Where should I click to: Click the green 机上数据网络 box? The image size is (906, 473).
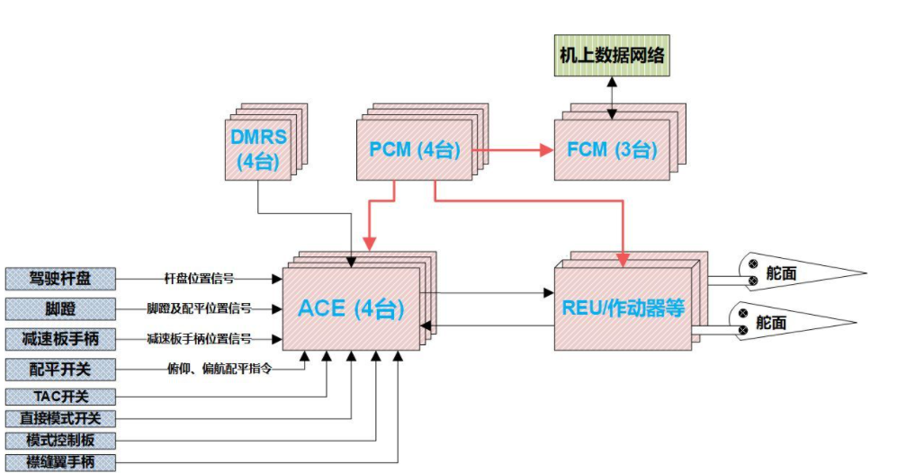(x=613, y=56)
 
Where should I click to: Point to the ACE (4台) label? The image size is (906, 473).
(x=351, y=308)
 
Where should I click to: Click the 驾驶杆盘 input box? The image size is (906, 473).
(x=60, y=278)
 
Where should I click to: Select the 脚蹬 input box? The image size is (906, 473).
(x=60, y=308)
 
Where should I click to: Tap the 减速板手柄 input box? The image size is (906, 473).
(x=60, y=339)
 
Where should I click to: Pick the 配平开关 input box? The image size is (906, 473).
(x=60, y=369)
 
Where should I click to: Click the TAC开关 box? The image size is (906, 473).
(x=60, y=397)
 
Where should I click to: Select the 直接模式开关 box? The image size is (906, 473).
(x=60, y=418)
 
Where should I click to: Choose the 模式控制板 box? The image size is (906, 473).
(x=60, y=441)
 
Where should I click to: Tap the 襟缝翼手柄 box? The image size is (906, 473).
(x=60, y=462)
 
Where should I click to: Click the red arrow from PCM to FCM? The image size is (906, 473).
(x=513, y=150)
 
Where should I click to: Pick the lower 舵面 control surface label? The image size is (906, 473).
(x=776, y=322)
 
